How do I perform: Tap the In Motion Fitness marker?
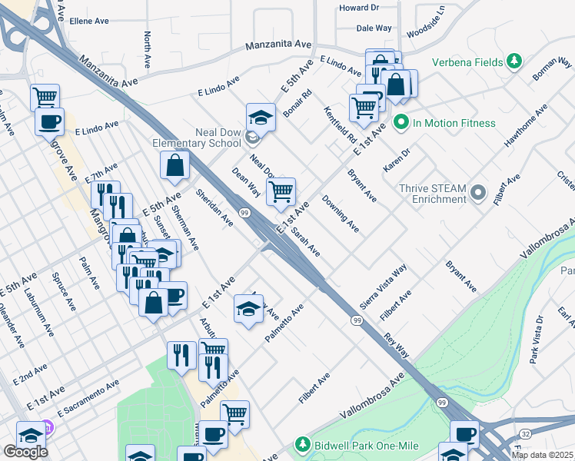(401, 122)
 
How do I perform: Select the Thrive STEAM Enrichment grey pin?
(478, 191)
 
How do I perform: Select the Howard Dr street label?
(359, 8)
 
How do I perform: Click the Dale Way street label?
(374, 28)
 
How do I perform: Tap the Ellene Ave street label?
(91, 22)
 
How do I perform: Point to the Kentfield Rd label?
(339, 125)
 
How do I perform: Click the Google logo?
(25, 452)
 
